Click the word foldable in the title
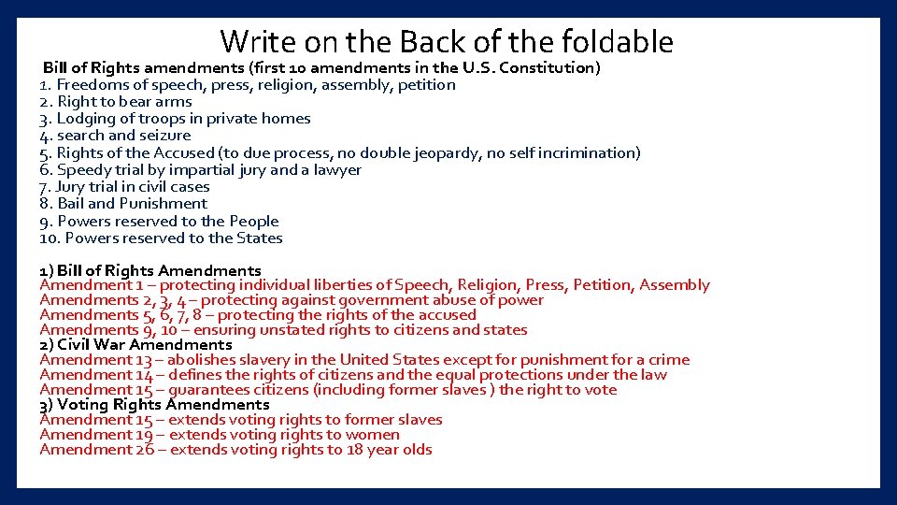618,42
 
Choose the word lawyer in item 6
338,169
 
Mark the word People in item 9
254,221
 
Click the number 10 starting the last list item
48,238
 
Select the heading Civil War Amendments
145,344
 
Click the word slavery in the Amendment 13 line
278,359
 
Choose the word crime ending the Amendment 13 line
667,359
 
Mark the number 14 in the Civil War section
143,374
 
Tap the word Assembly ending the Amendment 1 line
675,284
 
